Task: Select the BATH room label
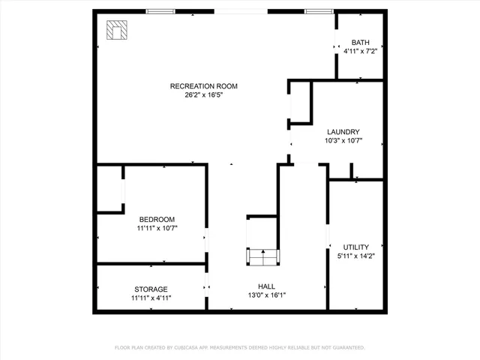[x=360, y=43]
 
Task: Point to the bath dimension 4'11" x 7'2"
[x=360, y=52]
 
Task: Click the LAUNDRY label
[x=343, y=132]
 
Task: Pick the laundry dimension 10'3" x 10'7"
[x=343, y=141]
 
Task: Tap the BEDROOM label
[x=157, y=219]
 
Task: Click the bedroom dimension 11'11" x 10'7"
[x=157, y=228]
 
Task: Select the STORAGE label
[x=151, y=289]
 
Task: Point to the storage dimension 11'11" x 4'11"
[x=151, y=298]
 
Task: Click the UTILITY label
[x=355, y=247]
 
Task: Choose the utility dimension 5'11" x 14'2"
[x=355, y=256]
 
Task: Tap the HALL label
[x=266, y=286]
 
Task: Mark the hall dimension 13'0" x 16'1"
[x=266, y=295]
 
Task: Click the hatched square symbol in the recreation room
[x=116, y=30]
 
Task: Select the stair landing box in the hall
[x=262, y=256]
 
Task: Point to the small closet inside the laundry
[x=300, y=102]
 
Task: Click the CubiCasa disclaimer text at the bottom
[x=240, y=347]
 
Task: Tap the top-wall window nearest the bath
[x=318, y=11]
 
